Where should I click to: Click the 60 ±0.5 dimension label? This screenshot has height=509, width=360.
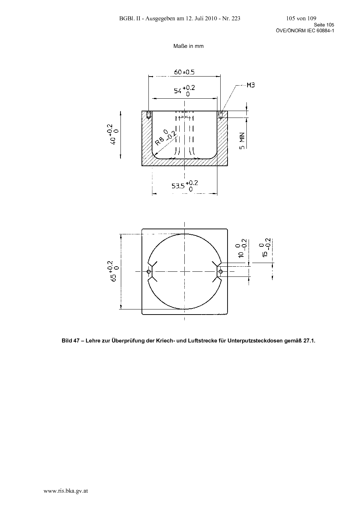(184, 72)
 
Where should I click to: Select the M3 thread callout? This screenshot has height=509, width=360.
(251, 85)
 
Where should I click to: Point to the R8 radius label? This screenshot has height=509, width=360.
(165, 137)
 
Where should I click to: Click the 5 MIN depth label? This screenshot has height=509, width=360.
(242, 141)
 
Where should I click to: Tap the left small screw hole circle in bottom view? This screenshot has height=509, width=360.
(149, 271)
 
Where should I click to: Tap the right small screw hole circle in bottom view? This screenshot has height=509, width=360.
(220, 271)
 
